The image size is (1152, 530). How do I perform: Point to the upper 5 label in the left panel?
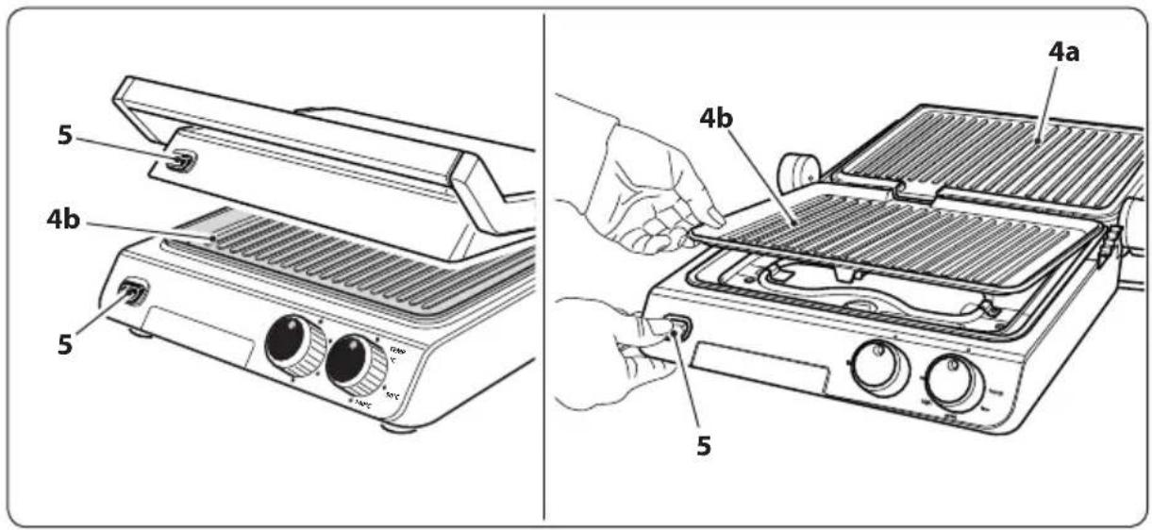pyautogui.click(x=64, y=136)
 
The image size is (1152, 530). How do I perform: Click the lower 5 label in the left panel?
pyautogui.click(x=64, y=344)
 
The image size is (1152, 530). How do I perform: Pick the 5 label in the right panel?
pyautogui.click(x=704, y=444)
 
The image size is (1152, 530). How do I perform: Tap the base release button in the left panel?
pyautogui.click(x=131, y=293)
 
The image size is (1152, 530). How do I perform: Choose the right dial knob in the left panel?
pyautogui.click(x=350, y=363)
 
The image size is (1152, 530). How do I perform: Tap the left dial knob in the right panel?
pyautogui.click(x=875, y=369)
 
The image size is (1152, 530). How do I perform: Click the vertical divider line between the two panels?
pyautogui.click(x=544, y=264)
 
